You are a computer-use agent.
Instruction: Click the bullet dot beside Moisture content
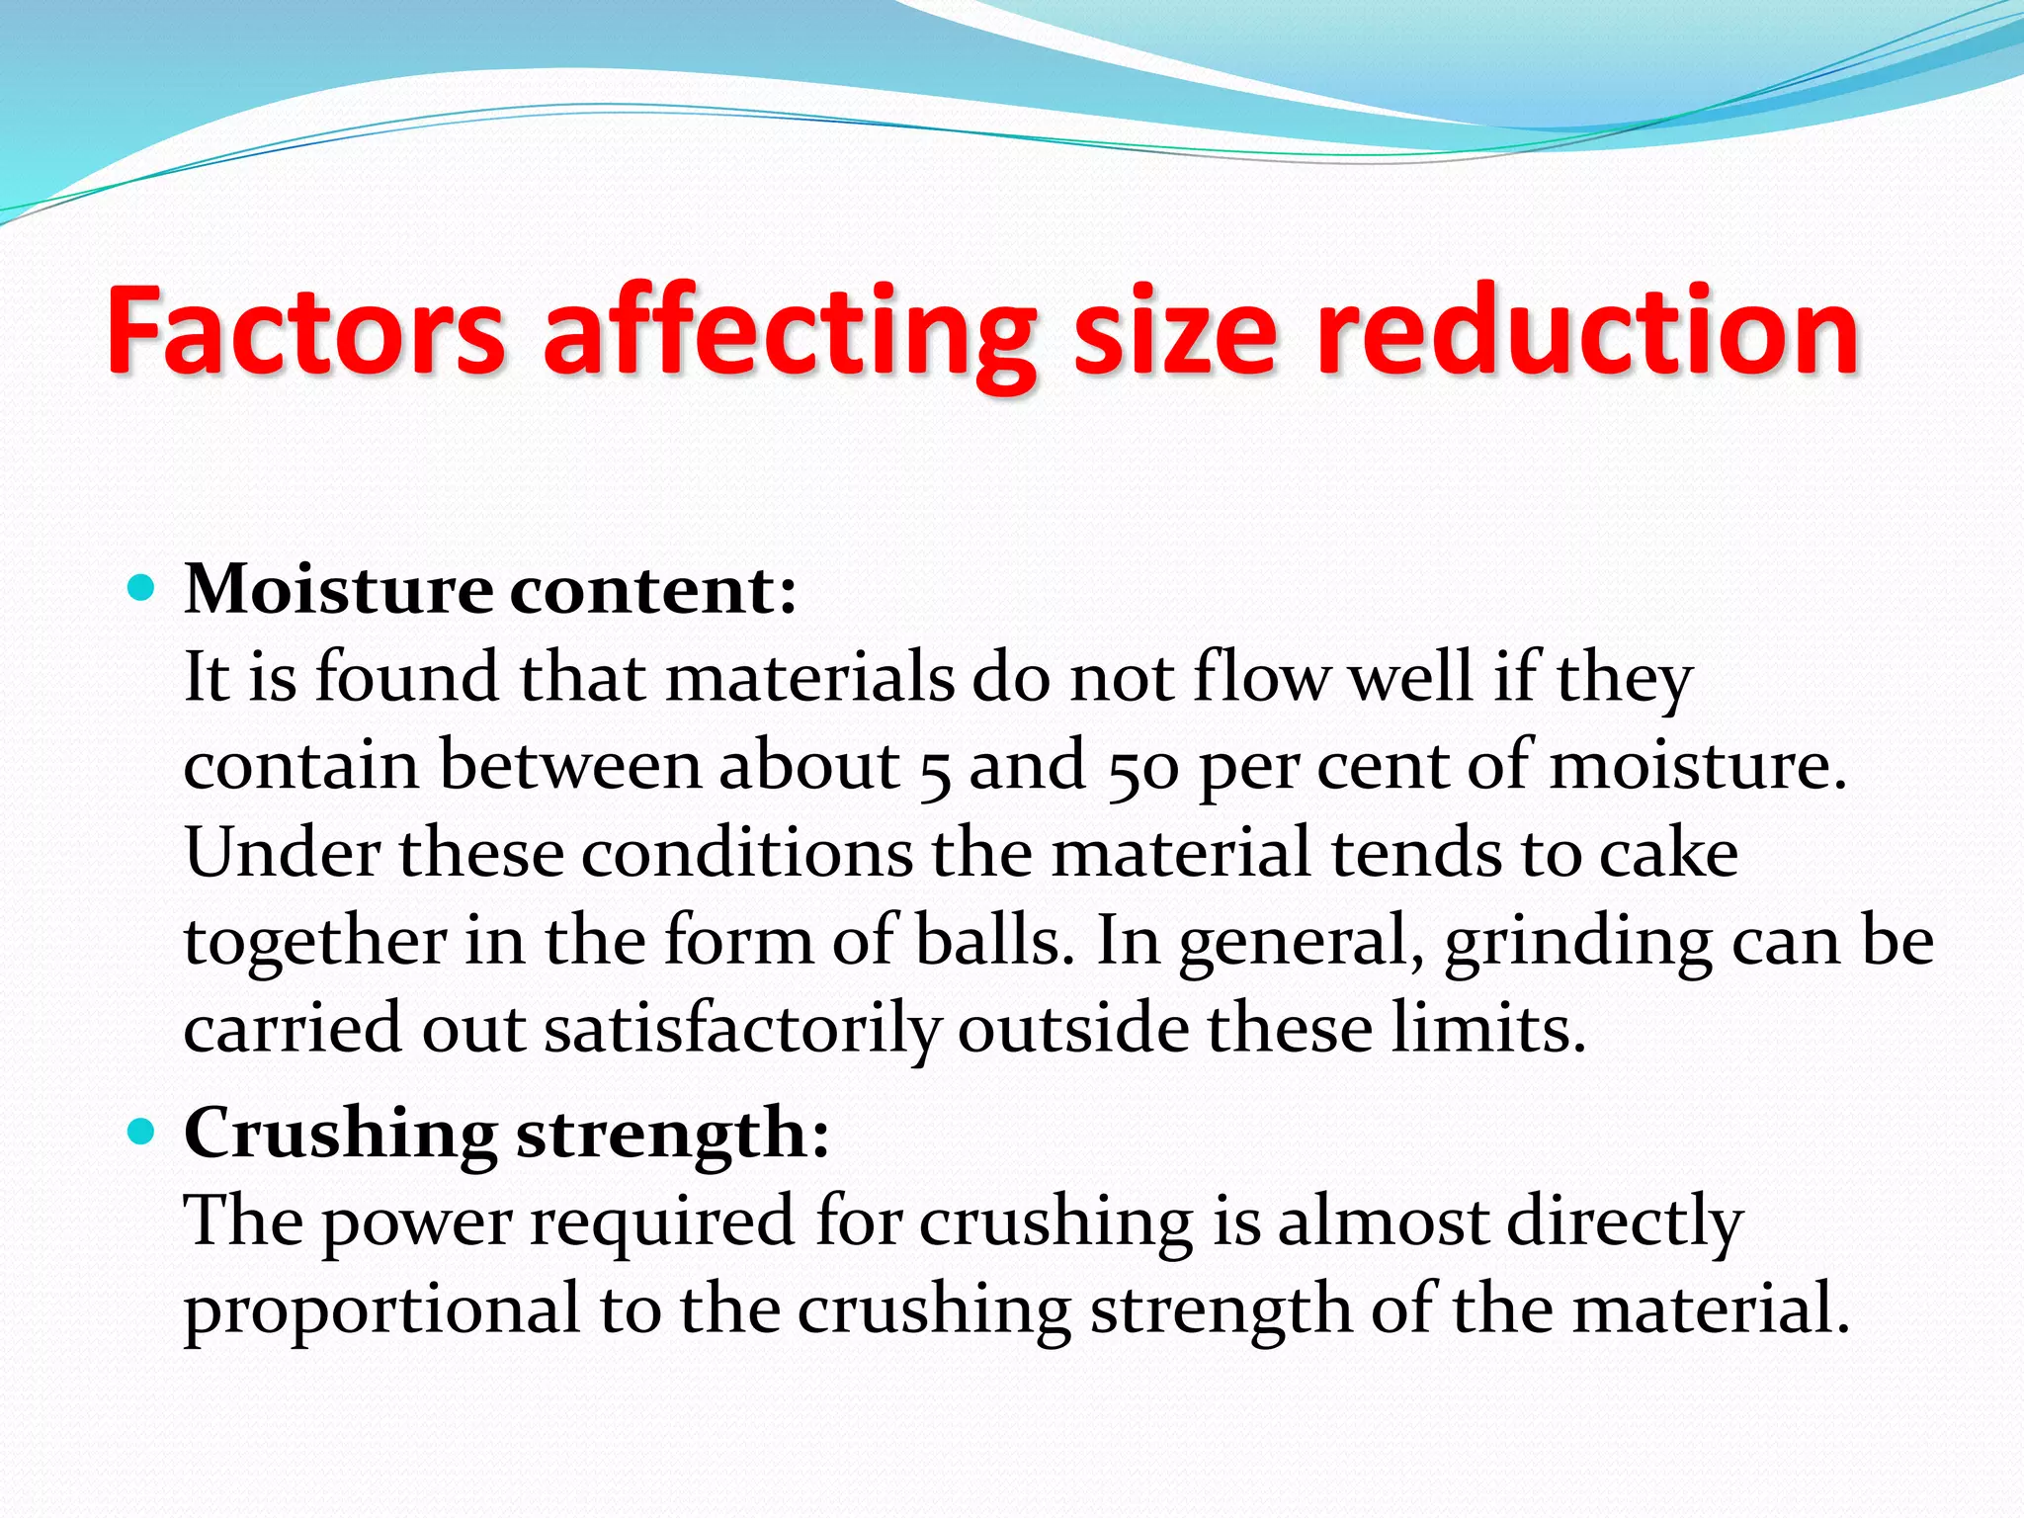tap(142, 590)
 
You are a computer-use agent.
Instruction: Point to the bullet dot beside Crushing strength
tap(142, 1132)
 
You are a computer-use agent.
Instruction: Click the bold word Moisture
tap(339, 590)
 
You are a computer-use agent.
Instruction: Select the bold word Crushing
tap(341, 1135)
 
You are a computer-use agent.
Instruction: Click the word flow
tap(1262, 679)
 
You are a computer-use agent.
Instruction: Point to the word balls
tap(993, 941)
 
